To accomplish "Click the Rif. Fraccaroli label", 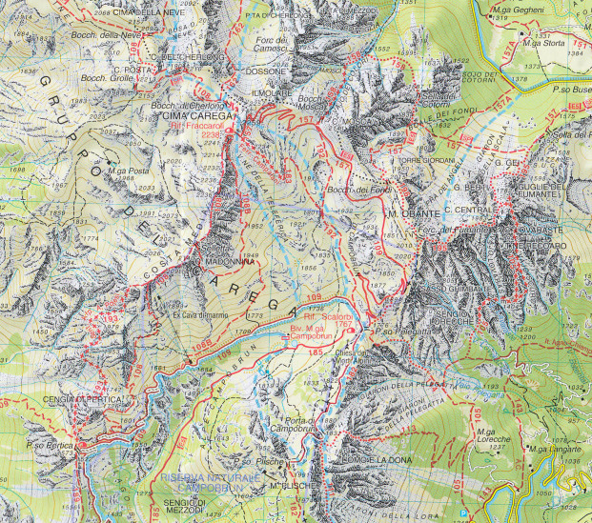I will coord(196,125).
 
